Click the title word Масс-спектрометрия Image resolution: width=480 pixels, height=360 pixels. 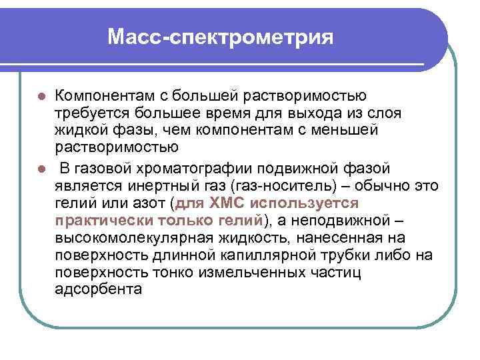tap(220, 36)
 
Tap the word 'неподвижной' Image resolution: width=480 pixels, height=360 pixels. tap(349, 221)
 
